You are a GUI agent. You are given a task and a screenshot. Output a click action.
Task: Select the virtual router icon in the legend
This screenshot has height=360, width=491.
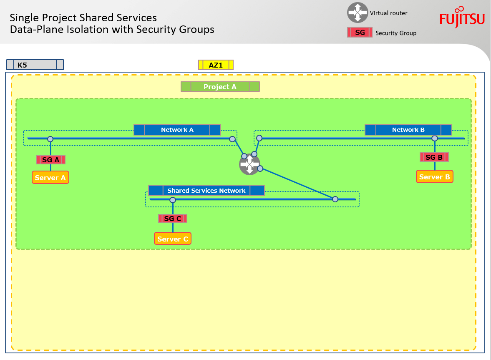[x=358, y=13]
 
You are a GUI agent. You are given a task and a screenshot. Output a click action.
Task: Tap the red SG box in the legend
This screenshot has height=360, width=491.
[x=360, y=33]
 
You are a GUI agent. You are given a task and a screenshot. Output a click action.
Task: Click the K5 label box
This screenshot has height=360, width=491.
[x=35, y=65]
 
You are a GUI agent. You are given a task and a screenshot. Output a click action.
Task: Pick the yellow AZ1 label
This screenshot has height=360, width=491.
[x=216, y=65]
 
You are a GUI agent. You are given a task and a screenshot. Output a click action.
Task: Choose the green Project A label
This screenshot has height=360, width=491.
[x=220, y=87]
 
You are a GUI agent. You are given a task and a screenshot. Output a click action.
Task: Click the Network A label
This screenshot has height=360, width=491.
[x=177, y=130]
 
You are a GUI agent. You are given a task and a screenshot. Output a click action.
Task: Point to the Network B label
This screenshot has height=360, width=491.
[x=408, y=130]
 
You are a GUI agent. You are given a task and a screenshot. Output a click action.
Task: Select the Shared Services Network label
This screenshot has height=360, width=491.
[x=206, y=191]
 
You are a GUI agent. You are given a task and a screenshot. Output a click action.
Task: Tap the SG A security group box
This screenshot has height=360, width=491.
[x=51, y=160]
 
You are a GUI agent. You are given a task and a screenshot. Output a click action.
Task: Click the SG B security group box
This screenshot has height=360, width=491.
[x=434, y=157]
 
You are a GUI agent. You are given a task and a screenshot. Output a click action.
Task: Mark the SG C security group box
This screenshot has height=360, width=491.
[x=173, y=219]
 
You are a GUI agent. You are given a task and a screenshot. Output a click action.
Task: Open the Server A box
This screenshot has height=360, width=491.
[x=50, y=178]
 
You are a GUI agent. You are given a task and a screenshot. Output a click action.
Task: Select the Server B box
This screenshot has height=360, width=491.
[x=434, y=177]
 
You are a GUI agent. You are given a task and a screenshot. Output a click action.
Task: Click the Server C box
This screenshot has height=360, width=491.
[x=173, y=239]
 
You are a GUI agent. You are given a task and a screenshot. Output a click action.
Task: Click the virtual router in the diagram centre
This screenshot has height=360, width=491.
[x=249, y=164]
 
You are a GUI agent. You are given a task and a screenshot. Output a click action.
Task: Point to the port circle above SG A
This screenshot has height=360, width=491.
[x=50, y=139]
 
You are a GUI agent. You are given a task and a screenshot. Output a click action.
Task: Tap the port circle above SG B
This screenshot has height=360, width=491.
[x=435, y=138]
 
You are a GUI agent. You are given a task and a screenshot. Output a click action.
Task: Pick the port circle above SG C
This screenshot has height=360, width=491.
[x=173, y=200]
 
